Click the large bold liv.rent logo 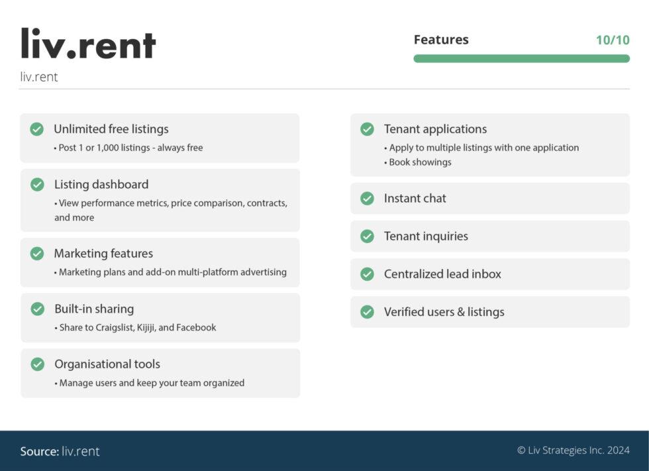pyautogui.click(x=88, y=44)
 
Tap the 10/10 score pyautogui.click(x=613, y=40)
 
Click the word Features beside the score pyautogui.click(x=441, y=40)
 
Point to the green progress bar pyautogui.click(x=521, y=58)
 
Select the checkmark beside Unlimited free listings pyautogui.click(x=37, y=129)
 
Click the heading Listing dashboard pyautogui.click(x=101, y=184)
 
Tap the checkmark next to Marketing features pyautogui.click(x=37, y=253)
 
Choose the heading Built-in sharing pyautogui.click(x=94, y=309)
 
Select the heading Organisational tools pyautogui.click(x=107, y=364)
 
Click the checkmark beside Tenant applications pyautogui.click(x=368, y=129)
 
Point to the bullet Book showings pyautogui.click(x=420, y=162)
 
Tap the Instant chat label pyautogui.click(x=415, y=198)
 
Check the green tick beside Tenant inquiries pyautogui.click(x=368, y=236)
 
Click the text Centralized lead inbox pyautogui.click(x=442, y=274)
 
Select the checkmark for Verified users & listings pyautogui.click(x=368, y=311)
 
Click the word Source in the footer pyautogui.click(x=39, y=451)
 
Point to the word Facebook pyautogui.click(x=196, y=327)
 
